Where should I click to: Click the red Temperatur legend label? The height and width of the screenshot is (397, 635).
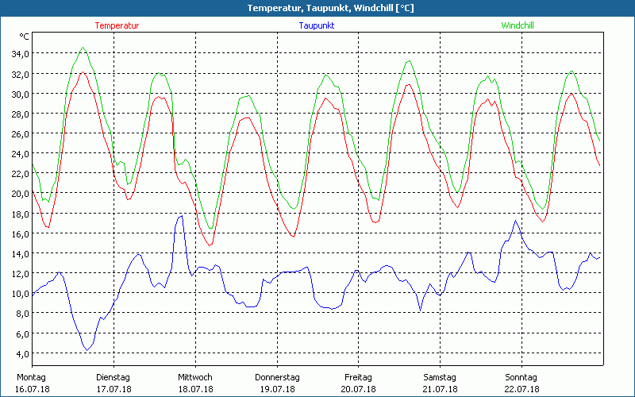[117, 25]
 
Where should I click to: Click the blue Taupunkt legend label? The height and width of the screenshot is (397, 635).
[317, 25]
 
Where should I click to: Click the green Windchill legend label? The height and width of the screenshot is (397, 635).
[517, 25]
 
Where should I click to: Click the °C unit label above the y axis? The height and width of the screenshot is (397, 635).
[25, 37]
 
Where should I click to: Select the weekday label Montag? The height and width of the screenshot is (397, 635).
[31, 377]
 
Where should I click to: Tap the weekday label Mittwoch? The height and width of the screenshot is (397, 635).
[195, 377]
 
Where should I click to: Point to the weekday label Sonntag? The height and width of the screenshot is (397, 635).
[521, 377]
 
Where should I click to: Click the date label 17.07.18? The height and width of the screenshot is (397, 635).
[114, 389]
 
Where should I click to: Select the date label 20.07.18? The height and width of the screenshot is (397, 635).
[359, 389]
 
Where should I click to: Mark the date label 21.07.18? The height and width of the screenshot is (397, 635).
[441, 389]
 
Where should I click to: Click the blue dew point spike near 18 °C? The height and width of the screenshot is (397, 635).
[181, 215]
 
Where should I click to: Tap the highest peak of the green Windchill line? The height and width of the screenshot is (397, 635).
[83, 48]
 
